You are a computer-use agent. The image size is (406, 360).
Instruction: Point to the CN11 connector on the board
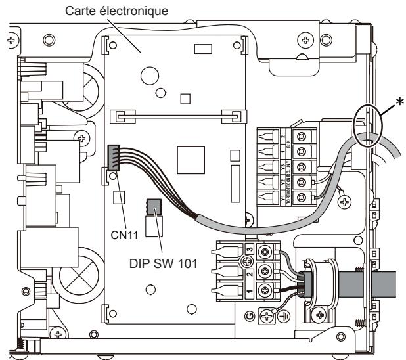[113, 158]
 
